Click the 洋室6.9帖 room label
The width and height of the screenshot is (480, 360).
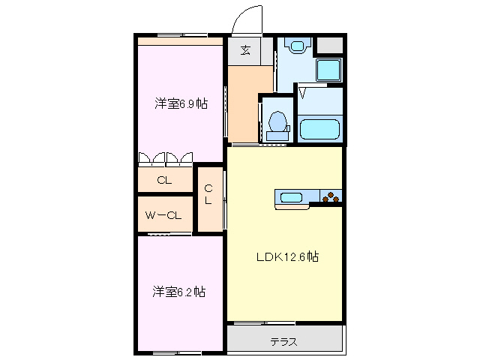[181, 104]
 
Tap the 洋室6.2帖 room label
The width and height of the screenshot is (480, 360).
[180, 291]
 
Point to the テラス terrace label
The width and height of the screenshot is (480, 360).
[284, 342]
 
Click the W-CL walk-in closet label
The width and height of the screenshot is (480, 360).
[163, 216]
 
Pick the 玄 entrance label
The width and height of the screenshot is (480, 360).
[245, 51]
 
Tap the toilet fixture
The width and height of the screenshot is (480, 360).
[277, 123]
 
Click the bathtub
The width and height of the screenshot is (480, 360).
[321, 128]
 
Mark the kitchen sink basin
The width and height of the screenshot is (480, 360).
[291, 198]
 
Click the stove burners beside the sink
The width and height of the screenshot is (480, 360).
[331, 198]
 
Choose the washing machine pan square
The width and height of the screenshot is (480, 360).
[328, 70]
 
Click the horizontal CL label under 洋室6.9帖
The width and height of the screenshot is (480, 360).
[164, 180]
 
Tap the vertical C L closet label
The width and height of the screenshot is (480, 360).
[209, 194]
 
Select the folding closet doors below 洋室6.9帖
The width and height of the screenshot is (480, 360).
[166, 157]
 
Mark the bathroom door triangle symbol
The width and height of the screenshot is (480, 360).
[303, 92]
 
